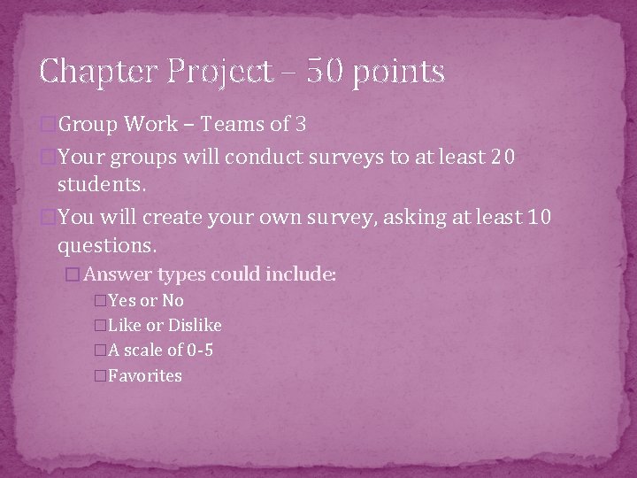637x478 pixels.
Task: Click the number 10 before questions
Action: (538, 218)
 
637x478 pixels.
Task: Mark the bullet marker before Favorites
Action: (100, 376)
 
